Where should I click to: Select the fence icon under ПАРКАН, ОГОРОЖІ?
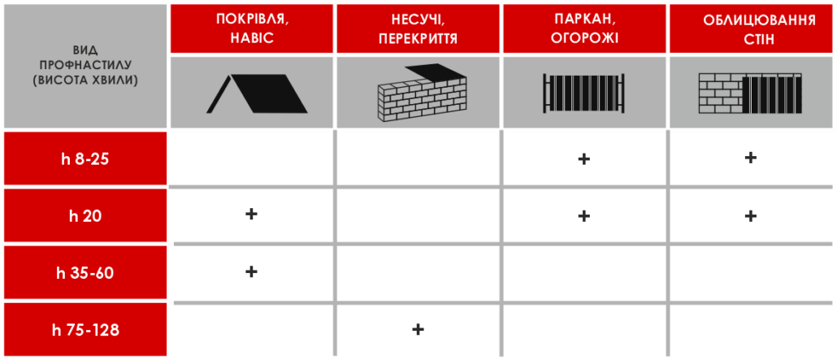point(583,93)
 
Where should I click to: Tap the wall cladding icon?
point(750,93)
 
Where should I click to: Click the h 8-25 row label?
point(85,159)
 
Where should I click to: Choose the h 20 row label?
point(85,216)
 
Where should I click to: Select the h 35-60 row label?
point(85,273)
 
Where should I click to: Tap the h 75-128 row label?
point(85,330)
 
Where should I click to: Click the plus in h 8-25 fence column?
point(583,159)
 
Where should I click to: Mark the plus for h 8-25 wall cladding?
point(751,158)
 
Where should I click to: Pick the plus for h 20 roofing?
point(251,215)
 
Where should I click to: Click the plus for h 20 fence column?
point(583,216)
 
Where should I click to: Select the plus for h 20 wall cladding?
point(751,216)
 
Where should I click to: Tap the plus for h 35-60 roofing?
point(251,271)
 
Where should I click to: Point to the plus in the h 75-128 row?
point(418,329)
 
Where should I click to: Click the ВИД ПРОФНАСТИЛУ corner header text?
point(85,64)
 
